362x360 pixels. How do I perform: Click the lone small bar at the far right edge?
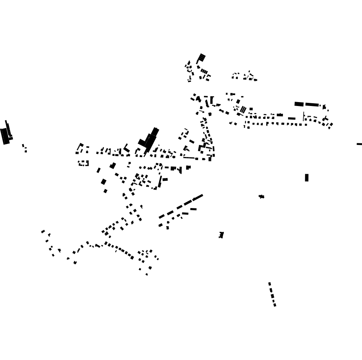click(359, 144)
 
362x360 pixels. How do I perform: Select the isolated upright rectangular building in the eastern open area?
click(307, 178)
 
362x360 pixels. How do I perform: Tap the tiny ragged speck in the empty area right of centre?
click(262, 197)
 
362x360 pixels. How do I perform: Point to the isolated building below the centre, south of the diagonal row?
click(221, 235)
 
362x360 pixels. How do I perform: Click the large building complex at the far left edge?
click(6, 134)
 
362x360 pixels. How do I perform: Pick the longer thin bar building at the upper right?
click(312, 104)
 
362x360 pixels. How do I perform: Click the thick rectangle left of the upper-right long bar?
click(299, 104)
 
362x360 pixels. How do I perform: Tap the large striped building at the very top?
click(201, 58)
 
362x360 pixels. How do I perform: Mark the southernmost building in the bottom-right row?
click(275, 305)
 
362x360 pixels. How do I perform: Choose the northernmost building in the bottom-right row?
click(269, 284)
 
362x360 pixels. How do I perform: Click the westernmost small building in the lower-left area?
click(43, 232)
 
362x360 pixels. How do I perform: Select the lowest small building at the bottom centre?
click(147, 275)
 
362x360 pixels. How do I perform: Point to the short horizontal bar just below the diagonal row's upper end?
click(193, 209)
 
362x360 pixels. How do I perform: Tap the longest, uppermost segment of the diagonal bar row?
click(198, 197)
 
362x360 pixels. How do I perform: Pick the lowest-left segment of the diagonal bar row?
click(162, 217)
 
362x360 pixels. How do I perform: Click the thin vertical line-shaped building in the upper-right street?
click(304, 116)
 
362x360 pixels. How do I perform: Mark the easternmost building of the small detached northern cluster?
click(255, 80)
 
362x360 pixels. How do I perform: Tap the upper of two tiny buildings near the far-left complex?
click(23, 146)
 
